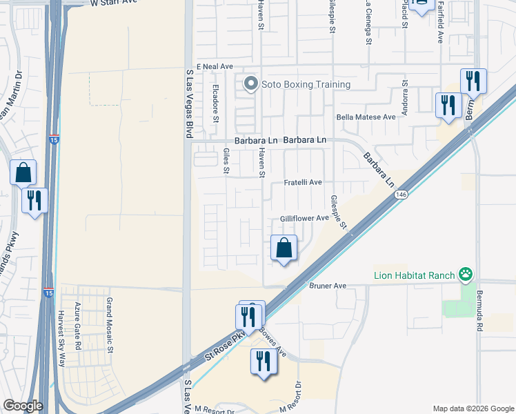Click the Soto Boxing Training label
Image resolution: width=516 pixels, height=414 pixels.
306,85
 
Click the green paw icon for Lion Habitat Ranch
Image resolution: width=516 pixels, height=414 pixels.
468,275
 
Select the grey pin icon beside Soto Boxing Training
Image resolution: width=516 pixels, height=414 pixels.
250,85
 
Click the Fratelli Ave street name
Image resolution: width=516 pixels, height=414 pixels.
304,183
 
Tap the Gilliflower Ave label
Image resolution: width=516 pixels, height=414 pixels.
304,218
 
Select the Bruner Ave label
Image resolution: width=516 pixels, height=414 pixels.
327,285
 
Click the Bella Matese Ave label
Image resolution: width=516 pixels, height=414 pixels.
366,117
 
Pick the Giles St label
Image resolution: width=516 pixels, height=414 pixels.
226,161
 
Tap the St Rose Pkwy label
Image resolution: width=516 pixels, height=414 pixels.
225,348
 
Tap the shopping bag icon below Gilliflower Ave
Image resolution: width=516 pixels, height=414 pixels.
284,247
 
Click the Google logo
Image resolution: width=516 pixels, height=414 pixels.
23,406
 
